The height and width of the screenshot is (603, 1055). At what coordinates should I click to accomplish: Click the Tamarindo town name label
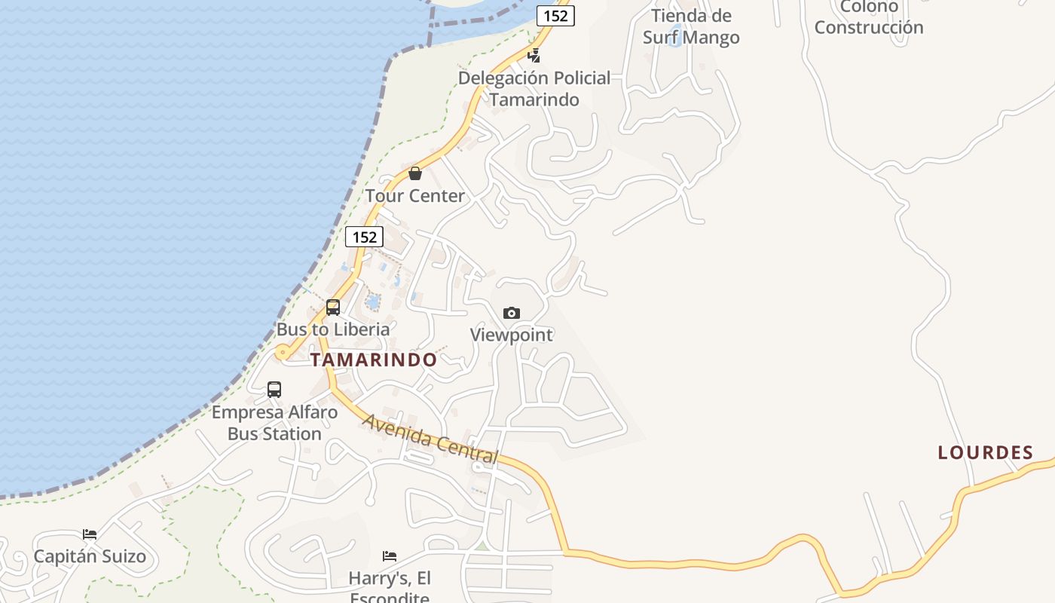(x=373, y=360)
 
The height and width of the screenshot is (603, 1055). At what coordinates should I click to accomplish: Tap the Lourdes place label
(x=985, y=453)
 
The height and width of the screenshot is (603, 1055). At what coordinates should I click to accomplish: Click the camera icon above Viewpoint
(x=512, y=313)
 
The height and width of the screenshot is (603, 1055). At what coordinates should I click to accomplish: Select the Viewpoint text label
(x=512, y=335)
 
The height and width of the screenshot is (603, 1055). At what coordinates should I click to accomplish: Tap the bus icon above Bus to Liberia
(x=333, y=308)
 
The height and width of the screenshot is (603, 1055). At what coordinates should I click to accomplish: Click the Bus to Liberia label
(x=333, y=329)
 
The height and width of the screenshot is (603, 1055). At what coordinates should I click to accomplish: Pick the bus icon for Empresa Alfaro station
(x=274, y=390)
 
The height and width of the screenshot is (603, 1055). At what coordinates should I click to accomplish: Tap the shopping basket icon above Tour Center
(x=414, y=174)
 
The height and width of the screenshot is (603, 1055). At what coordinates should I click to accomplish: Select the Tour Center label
(x=415, y=196)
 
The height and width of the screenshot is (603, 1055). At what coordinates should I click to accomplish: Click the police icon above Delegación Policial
(x=534, y=55)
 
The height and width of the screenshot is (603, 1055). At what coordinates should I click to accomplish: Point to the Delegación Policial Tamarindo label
(x=534, y=88)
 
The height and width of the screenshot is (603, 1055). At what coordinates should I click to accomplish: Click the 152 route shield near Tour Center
(x=364, y=237)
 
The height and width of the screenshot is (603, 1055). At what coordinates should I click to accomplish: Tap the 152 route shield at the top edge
(x=555, y=16)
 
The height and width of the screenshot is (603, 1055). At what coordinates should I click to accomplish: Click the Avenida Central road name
(x=430, y=439)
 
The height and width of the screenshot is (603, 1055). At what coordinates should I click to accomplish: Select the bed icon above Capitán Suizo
(x=90, y=534)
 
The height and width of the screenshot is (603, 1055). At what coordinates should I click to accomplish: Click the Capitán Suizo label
(x=90, y=556)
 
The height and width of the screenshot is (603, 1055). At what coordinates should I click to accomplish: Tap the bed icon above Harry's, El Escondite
(x=390, y=556)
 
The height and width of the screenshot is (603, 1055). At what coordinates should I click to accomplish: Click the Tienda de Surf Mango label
(x=691, y=26)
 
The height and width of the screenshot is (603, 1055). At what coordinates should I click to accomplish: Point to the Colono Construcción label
(x=869, y=17)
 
